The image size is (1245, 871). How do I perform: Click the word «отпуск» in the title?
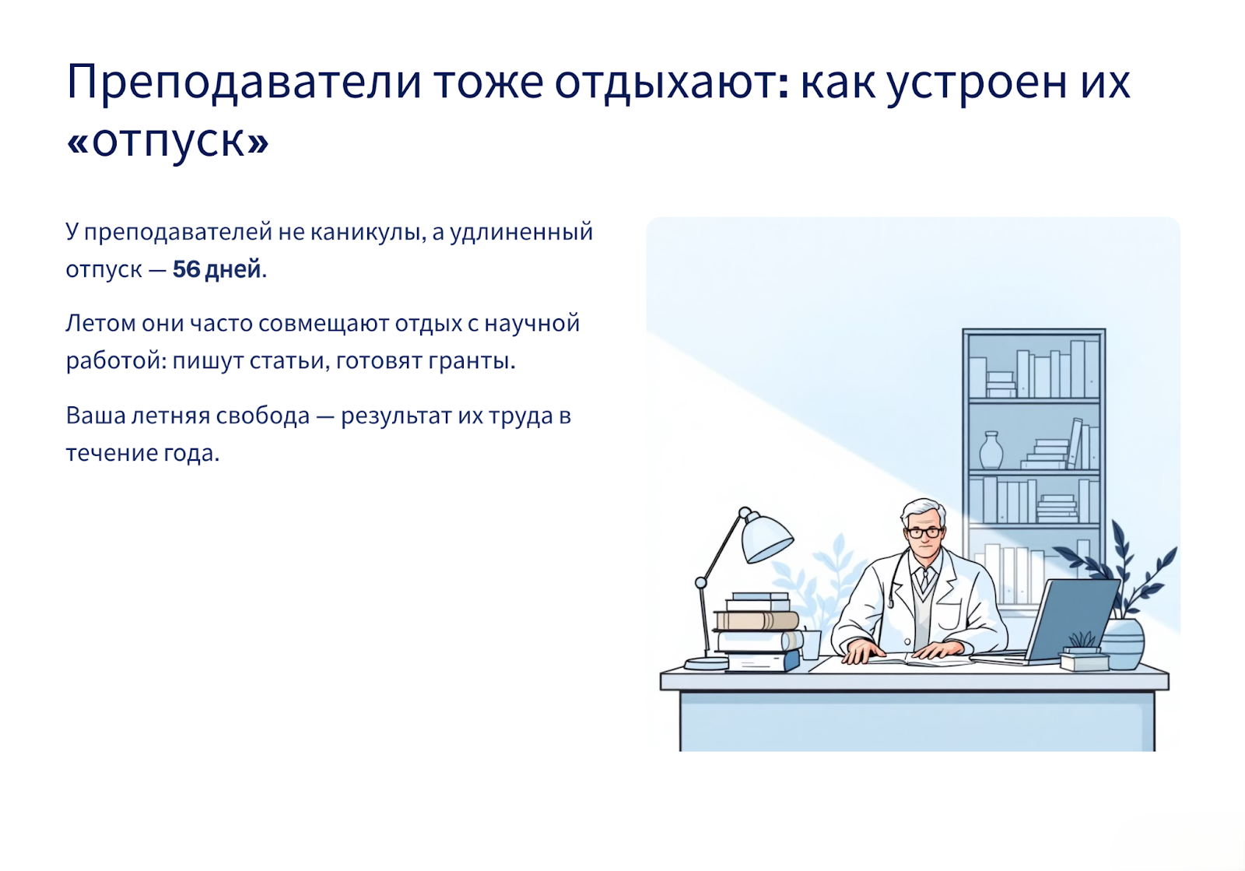(x=167, y=141)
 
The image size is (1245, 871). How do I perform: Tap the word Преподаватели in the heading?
(x=244, y=83)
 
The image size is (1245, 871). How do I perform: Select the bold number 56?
(x=186, y=269)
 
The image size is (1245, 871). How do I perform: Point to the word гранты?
(x=472, y=361)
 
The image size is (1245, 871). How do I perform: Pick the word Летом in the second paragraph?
(x=100, y=324)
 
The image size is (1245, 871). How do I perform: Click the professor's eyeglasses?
(x=924, y=532)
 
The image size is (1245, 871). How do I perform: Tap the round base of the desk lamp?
(x=707, y=662)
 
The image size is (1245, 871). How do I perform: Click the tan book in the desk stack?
(x=756, y=620)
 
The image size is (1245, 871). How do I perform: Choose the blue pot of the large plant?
(x=1122, y=644)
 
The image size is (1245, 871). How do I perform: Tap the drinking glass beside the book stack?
(x=810, y=644)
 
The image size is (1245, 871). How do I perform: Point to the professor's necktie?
(x=924, y=580)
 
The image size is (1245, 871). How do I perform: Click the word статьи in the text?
(x=287, y=361)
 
